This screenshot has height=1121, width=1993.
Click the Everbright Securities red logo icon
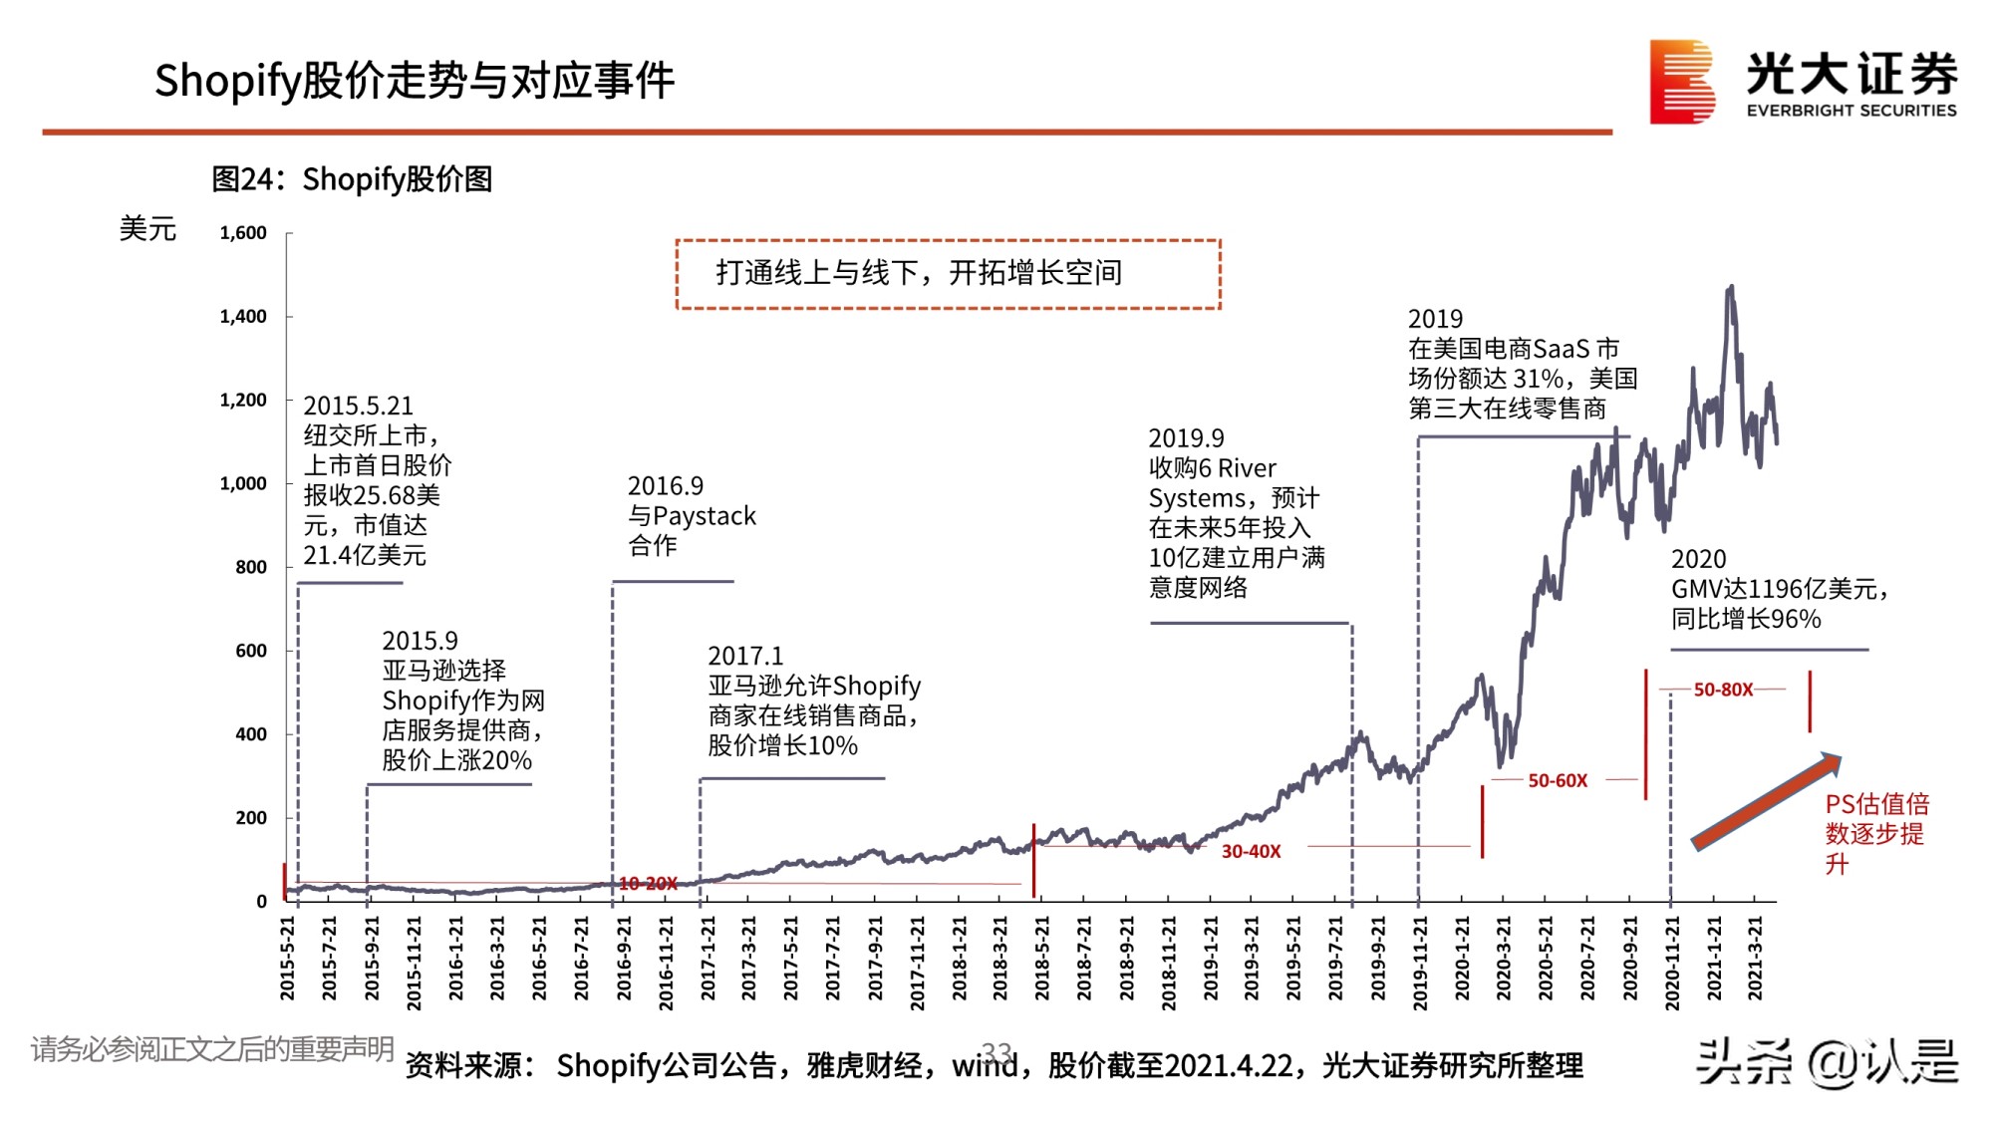(x=1682, y=82)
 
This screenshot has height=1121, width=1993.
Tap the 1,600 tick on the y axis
(x=243, y=233)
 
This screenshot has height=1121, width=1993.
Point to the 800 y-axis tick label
(x=251, y=567)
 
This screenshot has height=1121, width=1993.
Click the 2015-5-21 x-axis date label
(x=288, y=958)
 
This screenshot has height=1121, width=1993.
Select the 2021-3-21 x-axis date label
(x=1756, y=958)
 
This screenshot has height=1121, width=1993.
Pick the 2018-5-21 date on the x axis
(x=1042, y=958)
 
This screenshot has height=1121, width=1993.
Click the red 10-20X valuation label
(x=648, y=883)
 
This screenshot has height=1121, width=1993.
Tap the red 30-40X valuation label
(x=1251, y=851)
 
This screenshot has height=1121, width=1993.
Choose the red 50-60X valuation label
(x=1558, y=780)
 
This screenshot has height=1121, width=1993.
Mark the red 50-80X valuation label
(x=1723, y=690)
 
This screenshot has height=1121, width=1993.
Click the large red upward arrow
(x=1767, y=801)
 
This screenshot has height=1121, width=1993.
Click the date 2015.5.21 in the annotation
(x=358, y=406)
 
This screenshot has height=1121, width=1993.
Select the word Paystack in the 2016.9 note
(x=705, y=516)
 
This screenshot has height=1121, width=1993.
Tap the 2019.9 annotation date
(x=1186, y=438)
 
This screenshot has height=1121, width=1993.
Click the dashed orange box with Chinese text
(x=948, y=274)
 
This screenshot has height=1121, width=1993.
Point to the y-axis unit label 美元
(x=147, y=229)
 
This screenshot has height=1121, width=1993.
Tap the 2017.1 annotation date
(x=745, y=656)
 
